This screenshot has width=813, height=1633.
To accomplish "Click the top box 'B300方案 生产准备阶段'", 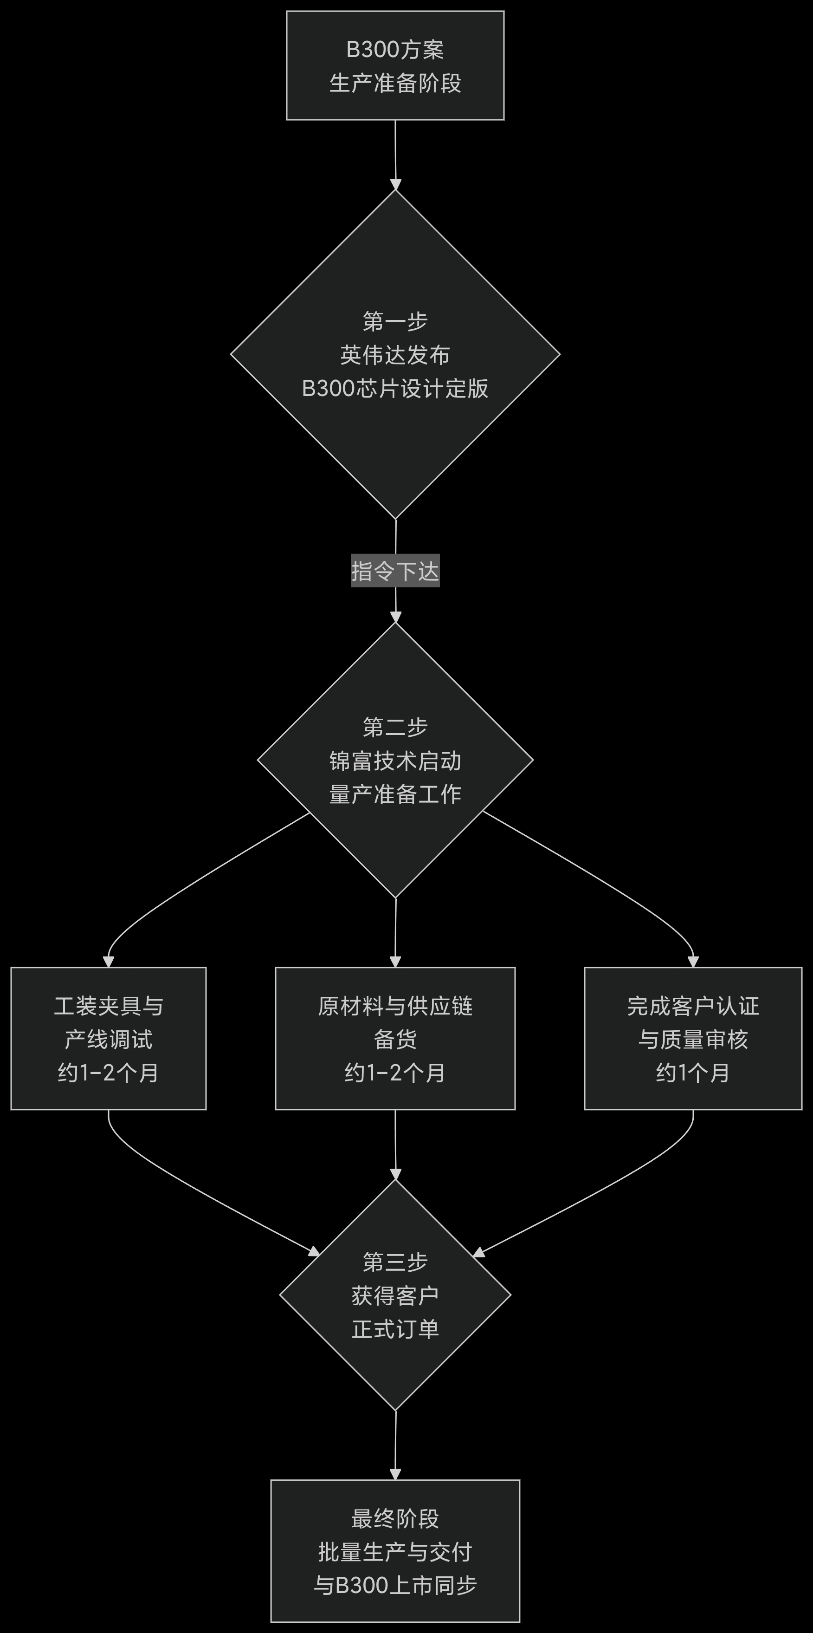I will coord(395,65).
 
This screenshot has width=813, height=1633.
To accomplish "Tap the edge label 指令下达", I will coord(395,571).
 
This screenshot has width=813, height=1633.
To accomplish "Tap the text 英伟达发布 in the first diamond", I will coord(395,355).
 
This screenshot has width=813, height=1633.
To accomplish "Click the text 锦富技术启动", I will coord(395,761).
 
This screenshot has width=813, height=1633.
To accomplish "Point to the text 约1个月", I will coord(693,1073).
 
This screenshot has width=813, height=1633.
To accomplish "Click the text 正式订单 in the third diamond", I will coord(395,1329).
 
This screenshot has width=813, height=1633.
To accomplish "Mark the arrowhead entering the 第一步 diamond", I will coord(395,184).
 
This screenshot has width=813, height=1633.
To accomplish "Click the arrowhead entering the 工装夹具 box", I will coord(109,961).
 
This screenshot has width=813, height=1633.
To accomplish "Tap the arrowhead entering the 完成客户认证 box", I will coord(693,961).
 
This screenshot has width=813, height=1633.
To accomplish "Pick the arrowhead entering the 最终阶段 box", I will coord(395,1474).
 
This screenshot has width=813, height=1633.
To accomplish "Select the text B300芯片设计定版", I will coord(395,389).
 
